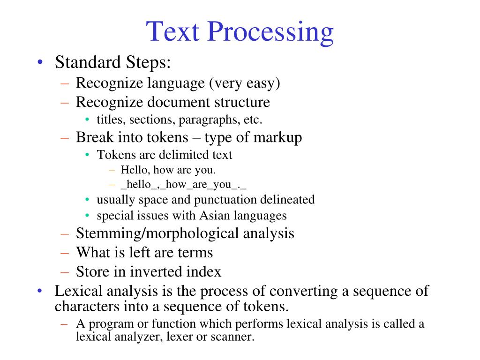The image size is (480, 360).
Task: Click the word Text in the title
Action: coord(173,32)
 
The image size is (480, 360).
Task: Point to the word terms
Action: coord(195,252)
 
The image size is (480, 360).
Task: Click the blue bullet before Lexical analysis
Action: coord(41,291)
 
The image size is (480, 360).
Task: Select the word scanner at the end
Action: coord(233,337)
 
